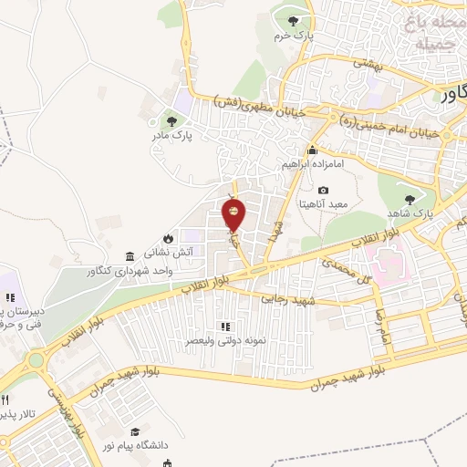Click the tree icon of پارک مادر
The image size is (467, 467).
tap(169, 119)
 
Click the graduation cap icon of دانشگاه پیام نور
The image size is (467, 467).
tap(135, 431)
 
